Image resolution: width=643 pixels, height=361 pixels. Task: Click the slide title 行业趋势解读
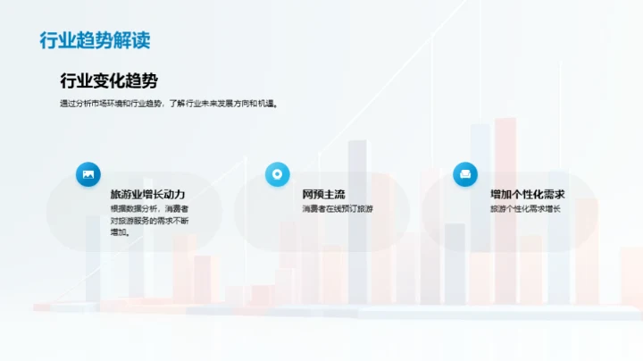click(95, 41)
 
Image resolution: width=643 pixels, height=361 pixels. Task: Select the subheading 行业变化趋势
click(109, 81)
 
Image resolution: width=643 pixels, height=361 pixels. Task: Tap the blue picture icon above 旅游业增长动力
click(88, 174)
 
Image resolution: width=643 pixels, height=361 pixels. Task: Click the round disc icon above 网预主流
click(278, 174)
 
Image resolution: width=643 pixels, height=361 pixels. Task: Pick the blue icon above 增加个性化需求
click(465, 174)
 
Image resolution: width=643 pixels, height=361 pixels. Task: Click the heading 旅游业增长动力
click(147, 194)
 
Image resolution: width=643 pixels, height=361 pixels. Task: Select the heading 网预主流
click(323, 194)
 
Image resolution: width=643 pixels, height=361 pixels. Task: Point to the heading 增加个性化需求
click(528, 194)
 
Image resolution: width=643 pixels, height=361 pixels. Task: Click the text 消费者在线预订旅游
click(338, 209)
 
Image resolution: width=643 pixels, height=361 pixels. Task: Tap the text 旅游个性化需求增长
click(525, 209)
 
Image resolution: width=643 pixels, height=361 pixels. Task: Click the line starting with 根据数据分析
click(149, 209)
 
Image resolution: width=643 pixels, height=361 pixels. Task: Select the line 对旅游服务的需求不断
click(149, 221)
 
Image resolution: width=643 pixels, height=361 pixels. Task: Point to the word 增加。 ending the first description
click(120, 232)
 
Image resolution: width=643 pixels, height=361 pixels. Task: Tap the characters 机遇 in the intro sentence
click(266, 103)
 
